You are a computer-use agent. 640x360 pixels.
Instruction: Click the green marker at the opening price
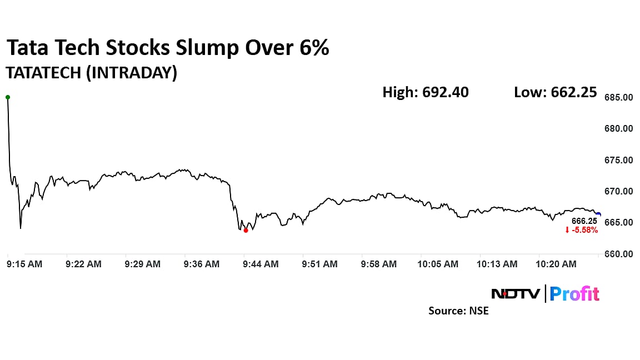[8, 97]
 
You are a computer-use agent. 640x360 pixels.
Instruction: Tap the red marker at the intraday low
[246, 231]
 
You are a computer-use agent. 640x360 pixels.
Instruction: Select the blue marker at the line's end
[598, 214]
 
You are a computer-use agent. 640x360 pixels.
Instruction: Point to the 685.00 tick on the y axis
[619, 97]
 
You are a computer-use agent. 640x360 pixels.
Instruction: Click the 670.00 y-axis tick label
[619, 191]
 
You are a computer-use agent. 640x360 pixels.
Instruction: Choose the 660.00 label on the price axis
[619, 254]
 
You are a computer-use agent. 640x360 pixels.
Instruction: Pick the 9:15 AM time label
[24, 264]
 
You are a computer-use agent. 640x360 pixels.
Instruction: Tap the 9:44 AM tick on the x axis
[261, 264]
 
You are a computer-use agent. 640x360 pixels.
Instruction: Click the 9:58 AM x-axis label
[379, 264]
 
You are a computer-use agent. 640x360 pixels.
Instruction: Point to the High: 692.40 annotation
[426, 92]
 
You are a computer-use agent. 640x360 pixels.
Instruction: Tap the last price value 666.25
[586, 221]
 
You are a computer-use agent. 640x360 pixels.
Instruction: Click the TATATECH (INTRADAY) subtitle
[91, 73]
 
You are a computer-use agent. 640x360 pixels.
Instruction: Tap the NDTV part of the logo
[516, 293]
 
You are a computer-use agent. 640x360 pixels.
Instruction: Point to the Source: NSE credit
[458, 311]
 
